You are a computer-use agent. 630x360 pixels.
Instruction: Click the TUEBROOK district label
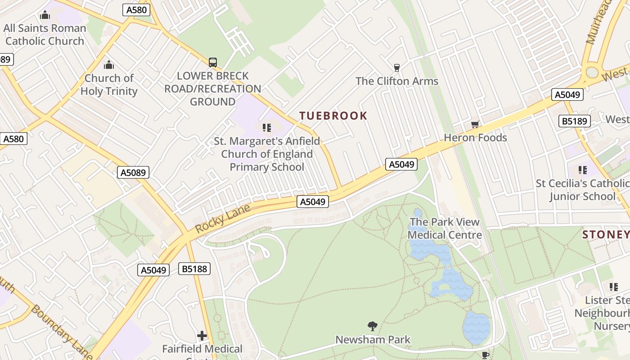coord(333,116)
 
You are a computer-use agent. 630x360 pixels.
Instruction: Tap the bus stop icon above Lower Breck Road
coord(213,63)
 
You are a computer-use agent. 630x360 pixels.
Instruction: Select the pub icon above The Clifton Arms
coord(396,68)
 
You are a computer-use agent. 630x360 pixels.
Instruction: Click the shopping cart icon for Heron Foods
coord(475,124)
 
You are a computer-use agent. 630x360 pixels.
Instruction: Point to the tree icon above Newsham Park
coord(372,326)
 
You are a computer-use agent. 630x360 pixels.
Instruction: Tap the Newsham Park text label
coord(373,339)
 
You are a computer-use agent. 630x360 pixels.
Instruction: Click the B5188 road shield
coord(194,269)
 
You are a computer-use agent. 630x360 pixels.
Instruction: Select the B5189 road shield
coord(574,121)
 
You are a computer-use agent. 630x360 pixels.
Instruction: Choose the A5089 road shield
coord(133,172)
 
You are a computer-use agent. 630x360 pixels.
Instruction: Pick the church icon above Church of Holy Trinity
coord(109,65)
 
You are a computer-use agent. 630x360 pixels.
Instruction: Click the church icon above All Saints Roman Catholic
coord(45,15)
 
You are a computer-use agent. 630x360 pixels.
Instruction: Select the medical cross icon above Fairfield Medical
coord(202,336)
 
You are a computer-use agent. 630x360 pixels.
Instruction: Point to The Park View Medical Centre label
coord(445,228)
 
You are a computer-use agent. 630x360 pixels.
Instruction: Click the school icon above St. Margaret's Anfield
coord(267,128)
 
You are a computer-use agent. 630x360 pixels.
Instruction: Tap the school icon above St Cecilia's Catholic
coord(583,170)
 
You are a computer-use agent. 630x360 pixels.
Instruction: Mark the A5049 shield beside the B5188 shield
coord(153,270)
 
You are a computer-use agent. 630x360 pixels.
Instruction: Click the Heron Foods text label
coord(475,138)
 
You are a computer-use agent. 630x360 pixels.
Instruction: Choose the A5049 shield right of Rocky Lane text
coord(312,202)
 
